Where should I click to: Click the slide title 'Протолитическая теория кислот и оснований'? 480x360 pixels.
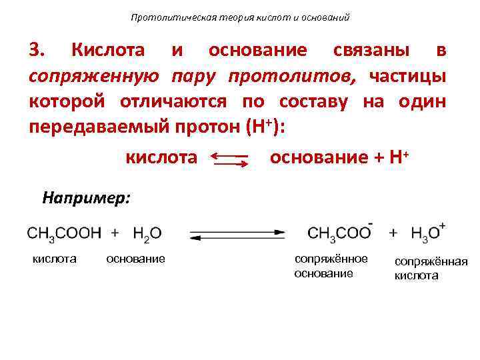pyautogui.click(x=240, y=17)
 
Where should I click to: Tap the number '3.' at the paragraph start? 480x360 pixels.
pyautogui.click(x=37, y=51)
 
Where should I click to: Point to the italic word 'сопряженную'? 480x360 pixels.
pyautogui.click(x=93, y=77)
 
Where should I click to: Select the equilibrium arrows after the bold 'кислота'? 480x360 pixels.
pyautogui.click(x=230, y=158)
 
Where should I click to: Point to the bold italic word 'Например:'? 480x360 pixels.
pyautogui.click(x=87, y=197)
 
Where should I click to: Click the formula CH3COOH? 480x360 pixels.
pyautogui.click(x=64, y=233)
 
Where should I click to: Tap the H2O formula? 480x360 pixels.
pyautogui.click(x=147, y=233)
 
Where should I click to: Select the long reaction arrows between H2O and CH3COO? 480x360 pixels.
pyautogui.click(x=237, y=234)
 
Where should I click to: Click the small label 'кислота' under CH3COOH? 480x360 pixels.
pyautogui.click(x=55, y=258)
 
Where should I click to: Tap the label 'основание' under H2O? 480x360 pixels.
pyautogui.click(x=135, y=258)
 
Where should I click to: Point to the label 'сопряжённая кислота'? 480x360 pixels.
pyautogui.click(x=431, y=269)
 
